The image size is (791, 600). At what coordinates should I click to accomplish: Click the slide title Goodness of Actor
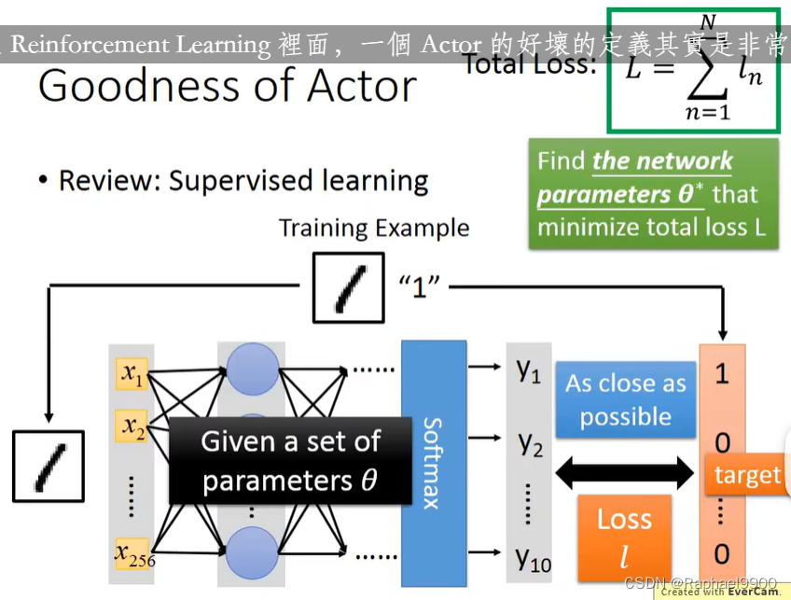coord(227,86)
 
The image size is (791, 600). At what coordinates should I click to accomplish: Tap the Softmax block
coord(434,462)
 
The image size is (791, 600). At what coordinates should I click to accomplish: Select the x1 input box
coord(131,375)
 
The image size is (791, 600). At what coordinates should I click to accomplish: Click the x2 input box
coord(131,427)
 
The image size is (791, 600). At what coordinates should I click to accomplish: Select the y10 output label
coord(533,558)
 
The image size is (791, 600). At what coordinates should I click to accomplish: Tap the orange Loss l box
coord(624,537)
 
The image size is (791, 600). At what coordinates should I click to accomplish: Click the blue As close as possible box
coord(625,400)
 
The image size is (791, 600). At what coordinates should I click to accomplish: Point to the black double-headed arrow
coord(625,475)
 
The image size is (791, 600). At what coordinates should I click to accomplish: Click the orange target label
coord(746,475)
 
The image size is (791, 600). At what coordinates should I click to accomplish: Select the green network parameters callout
coord(653,194)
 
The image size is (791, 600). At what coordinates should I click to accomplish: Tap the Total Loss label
coord(529,63)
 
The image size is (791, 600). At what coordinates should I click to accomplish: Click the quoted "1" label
coord(419,286)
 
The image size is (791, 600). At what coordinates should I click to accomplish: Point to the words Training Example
coord(374,229)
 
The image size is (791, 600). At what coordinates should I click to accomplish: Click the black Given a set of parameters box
coord(289,461)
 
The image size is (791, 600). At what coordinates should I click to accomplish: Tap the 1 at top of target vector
coord(722,374)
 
